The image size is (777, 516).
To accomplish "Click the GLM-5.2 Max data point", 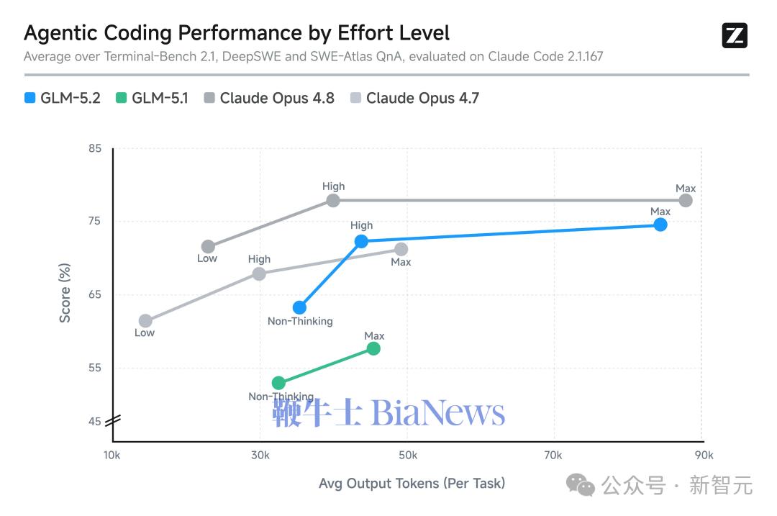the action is pyautogui.click(x=660, y=225).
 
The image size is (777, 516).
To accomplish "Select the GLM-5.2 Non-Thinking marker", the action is pyautogui.click(x=299, y=308).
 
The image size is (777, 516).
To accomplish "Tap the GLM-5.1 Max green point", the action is pyautogui.click(x=373, y=349).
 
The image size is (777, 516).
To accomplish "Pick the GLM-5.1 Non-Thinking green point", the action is pyautogui.click(x=278, y=383).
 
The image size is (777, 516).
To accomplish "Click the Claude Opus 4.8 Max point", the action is pyautogui.click(x=686, y=200).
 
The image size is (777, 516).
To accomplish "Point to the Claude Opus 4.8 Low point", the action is pyautogui.click(x=208, y=246).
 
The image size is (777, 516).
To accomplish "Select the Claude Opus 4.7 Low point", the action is pyautogui.click(x=145, y=321).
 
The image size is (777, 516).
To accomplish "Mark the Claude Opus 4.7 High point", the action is pyautogui.click(x=259, y=273).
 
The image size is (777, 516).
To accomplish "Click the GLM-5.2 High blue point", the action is pyautogui.click(x=361, y=241).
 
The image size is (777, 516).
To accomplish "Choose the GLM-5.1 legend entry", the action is pyautogui.click(x=152, y=98).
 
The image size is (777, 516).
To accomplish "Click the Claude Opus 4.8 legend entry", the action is pyautogui.click(x=269, y=98).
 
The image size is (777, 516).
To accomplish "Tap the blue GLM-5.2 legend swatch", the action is pyautogui.click(x=29, y=98).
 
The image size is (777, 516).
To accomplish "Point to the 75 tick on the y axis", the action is pyautogui.click(x=95, y=221).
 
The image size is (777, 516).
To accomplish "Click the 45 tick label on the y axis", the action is pyautogui.click(x=95, y=421).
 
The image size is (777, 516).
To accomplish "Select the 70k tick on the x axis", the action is pyautogui.click(x=553, y=455).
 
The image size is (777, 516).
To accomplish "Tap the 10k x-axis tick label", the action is pyautogui.click(x=112, y=455).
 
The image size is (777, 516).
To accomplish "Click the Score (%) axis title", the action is pyautogui.click(x=65, y=293).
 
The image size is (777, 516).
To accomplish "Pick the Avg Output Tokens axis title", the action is pyautogui.click(x=412, y=484).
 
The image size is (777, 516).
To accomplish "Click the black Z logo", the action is pyautogui.click(x=735, y=36).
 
